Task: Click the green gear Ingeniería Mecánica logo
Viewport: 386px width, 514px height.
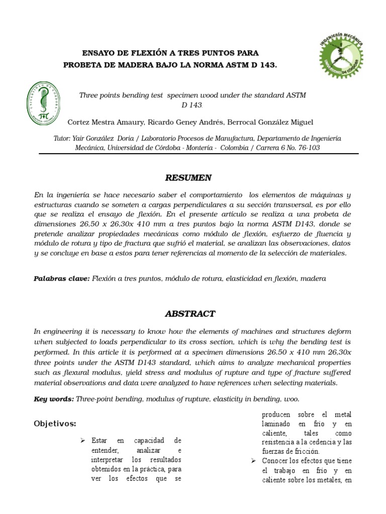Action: coord(341,56)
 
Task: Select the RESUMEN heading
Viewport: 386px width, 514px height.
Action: coord(188,178)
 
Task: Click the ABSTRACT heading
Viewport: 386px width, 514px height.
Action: coord(190,314)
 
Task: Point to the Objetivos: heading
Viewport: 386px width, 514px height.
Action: coord(55,424)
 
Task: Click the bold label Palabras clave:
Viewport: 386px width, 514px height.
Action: coord(61,278)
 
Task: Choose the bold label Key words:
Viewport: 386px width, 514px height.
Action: coord(53,399)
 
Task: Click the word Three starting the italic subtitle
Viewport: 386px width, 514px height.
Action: coord(89,95)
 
